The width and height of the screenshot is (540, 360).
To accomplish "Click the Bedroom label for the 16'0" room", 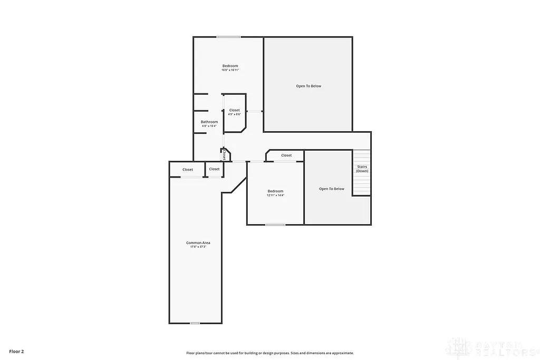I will tap(230, 66).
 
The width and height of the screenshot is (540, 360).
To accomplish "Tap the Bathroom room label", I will tap(209, 122).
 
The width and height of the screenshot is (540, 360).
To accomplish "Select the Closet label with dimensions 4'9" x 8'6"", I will tap(234, 110).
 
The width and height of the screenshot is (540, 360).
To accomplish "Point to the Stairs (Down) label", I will tap(362, 169).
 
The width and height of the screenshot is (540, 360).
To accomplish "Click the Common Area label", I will tap(198, 243).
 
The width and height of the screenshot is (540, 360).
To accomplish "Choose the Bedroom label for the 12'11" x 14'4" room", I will tap(275, 191).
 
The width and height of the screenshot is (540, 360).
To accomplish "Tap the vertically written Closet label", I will tap(225, 155).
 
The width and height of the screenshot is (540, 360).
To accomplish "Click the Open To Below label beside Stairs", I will tap(332, 189).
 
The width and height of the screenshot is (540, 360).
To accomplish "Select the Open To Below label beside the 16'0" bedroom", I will tap(308, 86).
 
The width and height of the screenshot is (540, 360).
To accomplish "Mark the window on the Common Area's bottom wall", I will tap(195, 323).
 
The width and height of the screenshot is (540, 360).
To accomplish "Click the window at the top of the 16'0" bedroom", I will tap(228, 37).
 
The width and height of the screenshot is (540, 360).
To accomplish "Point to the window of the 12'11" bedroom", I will tap(275, 225).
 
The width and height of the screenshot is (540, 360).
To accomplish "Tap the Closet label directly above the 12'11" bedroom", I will tap(286, 155).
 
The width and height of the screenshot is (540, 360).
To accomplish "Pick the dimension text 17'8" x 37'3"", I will tap(198, 247).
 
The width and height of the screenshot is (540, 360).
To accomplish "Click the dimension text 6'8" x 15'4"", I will tap(209, 126).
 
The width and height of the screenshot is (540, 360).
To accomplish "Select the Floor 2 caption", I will tap(17, 351).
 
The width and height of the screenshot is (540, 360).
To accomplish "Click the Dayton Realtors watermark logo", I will tap(490, 348).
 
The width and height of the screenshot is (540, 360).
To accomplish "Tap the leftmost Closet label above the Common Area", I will tap(188, 170).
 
